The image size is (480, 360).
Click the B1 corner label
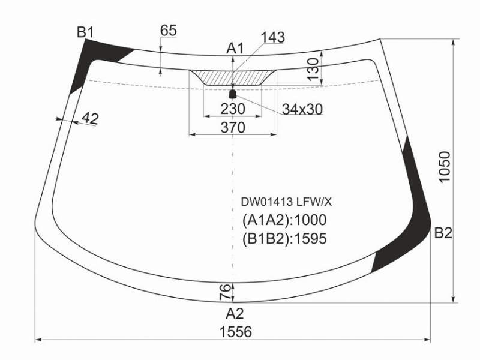pyautogui.click(x=85, y=32)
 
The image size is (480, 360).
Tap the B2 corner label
pyautogui.click(x=443, y=233)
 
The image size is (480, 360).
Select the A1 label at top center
pyautogui.click(x=235, y=49)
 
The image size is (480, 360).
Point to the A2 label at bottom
pyautogui.click(x=235, y=314)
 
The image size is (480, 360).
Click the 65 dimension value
pyautogui.click(x=169, y=31)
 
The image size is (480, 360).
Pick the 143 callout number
pyautogui.click(x=273, y=37)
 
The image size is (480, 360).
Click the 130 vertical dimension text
pyautogui.click(x=313, y=69)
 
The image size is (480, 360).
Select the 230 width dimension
pyautogui.click(x=233, y=109)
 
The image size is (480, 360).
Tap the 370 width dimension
pyautogui.click(x=233, y=127)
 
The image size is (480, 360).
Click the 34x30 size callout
pyautogui.click(x=302, y=109)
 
